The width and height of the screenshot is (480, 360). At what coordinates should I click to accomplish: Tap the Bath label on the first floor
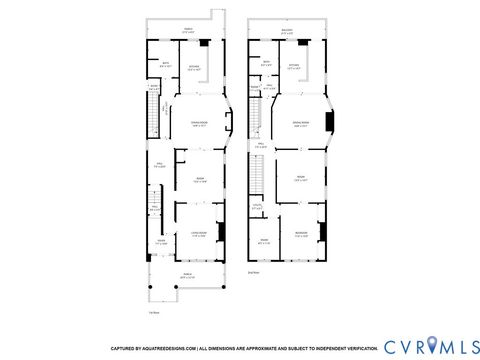pyautogui.click(x=165, y=66)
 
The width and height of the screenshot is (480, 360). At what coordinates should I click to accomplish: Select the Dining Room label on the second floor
pyautogui.click(x=300, y=124)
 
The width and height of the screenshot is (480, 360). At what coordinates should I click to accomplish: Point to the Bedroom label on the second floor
pyautogui.click(x=300, y=235)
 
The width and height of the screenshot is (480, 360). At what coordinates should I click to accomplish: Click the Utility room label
pyautogui.click(x=257, y=207)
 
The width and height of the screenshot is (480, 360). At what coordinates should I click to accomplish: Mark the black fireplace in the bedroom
pyautogui.click(x=322, y=232)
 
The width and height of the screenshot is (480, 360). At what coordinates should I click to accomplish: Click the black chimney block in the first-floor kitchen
pyautogui.click(x=205, y=44)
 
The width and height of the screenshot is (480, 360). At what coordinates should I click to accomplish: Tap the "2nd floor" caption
pyautogui.click(x=253, y=271)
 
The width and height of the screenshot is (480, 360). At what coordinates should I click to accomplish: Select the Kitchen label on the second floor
pyautogui.click(x=294, y=67)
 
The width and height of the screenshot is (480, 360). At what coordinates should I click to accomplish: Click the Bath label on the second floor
pyautogui.click(x=266, y=64)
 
